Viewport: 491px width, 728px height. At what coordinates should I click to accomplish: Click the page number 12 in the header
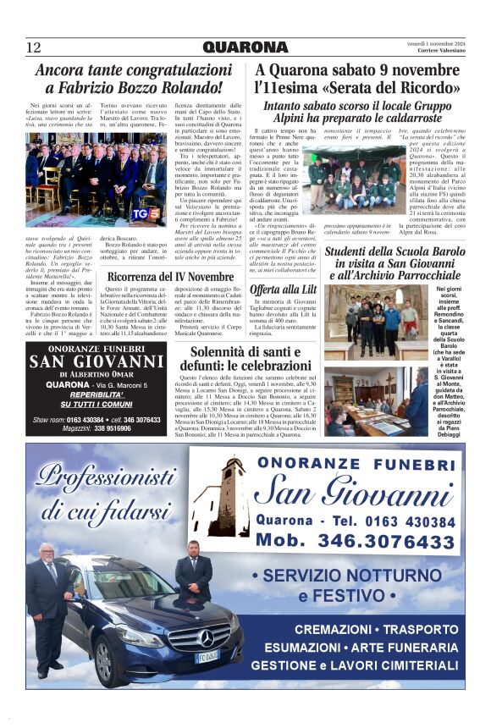pyautogui.click(x=34, y=47)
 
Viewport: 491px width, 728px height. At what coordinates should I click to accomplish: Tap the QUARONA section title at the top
pyautogui.click(x=245, y=47)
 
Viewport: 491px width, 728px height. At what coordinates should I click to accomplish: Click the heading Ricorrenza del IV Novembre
pyautogui.click(x=169, y=277)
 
